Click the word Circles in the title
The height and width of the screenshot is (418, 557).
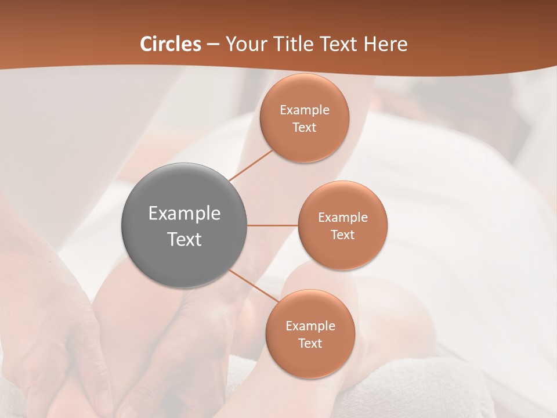pos(171,44)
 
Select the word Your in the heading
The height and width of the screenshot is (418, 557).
pos(245,44)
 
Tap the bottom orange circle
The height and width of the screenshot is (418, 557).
pos(310,360)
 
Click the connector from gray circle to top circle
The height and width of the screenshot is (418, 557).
pos(251,165)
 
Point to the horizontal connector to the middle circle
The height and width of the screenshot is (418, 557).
pos(272,225)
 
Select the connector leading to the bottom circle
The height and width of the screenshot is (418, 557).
pos(253,286)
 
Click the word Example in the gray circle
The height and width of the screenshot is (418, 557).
pos(185,214)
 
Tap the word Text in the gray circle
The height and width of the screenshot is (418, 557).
pos(185,239)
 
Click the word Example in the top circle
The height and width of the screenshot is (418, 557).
pos(305,110)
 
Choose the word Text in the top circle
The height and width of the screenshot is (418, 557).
pos(305,127)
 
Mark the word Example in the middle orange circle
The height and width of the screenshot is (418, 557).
pos(343,217)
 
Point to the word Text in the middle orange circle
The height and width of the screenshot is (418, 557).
pos(343,235)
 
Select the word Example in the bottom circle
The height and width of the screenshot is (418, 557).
pos(310,326)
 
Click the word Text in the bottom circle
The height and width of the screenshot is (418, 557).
pos(310,343)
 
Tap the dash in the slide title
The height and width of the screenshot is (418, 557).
pos(213,45)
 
